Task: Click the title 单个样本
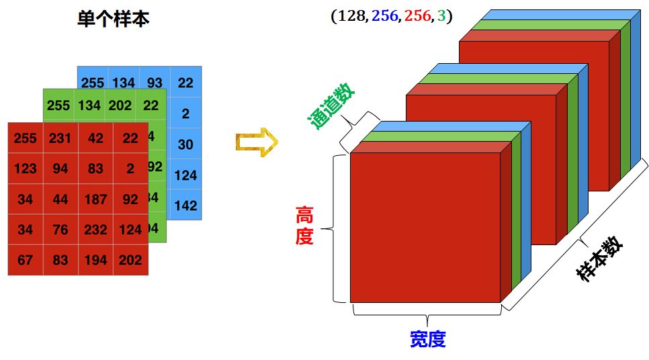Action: [x=114, y=19]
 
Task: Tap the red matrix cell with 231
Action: [x=60, y=138]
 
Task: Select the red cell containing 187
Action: [x=95, y=199]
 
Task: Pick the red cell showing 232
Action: [x=95, y=229]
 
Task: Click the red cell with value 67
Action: [x=26, y=259]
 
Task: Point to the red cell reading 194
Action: [x=95, y=259]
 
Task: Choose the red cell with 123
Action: [x=26, y=169]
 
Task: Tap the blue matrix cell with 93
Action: [x=155, y=83]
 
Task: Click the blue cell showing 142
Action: [x=185, y=206]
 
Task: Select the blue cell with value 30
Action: [x=185, y=144]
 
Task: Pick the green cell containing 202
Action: [x=120, y=105]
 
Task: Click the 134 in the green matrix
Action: [x=89, y=105]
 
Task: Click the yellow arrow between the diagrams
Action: [x=256, y=142]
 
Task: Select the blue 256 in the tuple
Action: [x=384, y=15]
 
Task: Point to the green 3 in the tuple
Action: [x=441, y=15]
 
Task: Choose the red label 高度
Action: [x=304, y=226]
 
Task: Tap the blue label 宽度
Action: [x=428, y=339]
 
